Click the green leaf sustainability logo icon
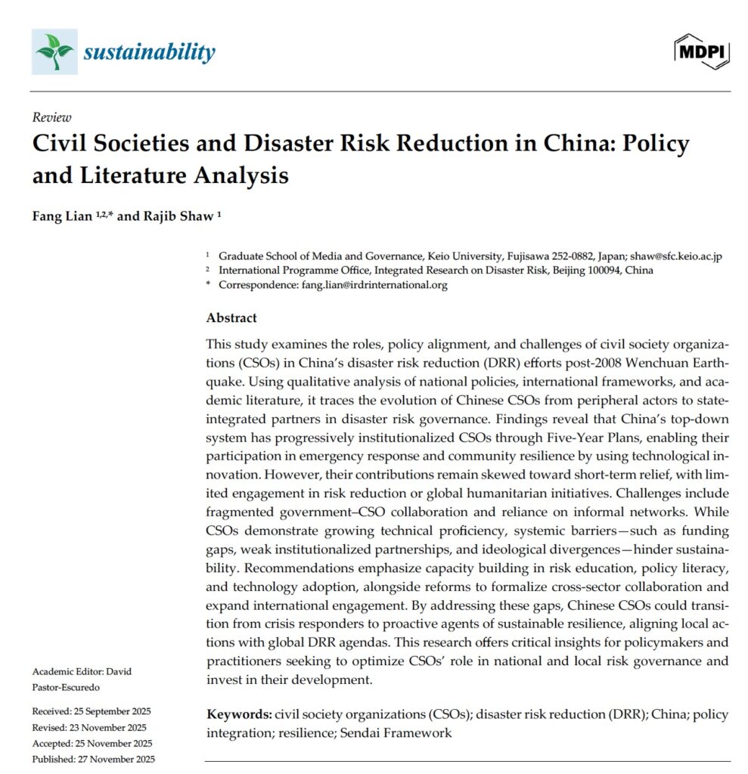tap(54, 51)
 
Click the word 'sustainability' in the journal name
tap(149, 52)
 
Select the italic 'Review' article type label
tap(52, 117)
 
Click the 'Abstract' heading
tap(231, 317)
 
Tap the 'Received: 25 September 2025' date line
tap(92, 711)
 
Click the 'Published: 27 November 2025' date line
tap(94, 759)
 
